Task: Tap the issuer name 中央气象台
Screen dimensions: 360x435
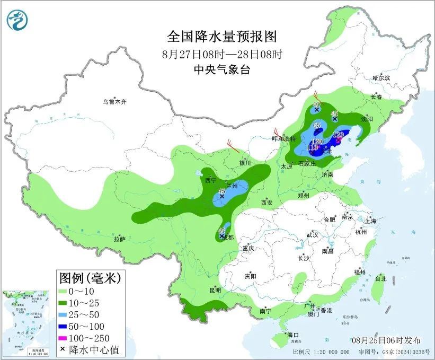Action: tap(222, 69)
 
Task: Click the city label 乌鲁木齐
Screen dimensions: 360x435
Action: tap(115, 102)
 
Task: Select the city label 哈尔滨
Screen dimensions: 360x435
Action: tap(380, 78)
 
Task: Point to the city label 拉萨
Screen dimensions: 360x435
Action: tap(119, 239)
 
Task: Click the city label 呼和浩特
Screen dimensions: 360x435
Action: tap(283, 138)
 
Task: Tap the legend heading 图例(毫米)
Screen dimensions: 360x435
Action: tap(90, 277)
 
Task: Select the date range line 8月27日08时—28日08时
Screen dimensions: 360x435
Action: tap(222, 54)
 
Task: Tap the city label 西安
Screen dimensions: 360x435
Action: tap(266, 203)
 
